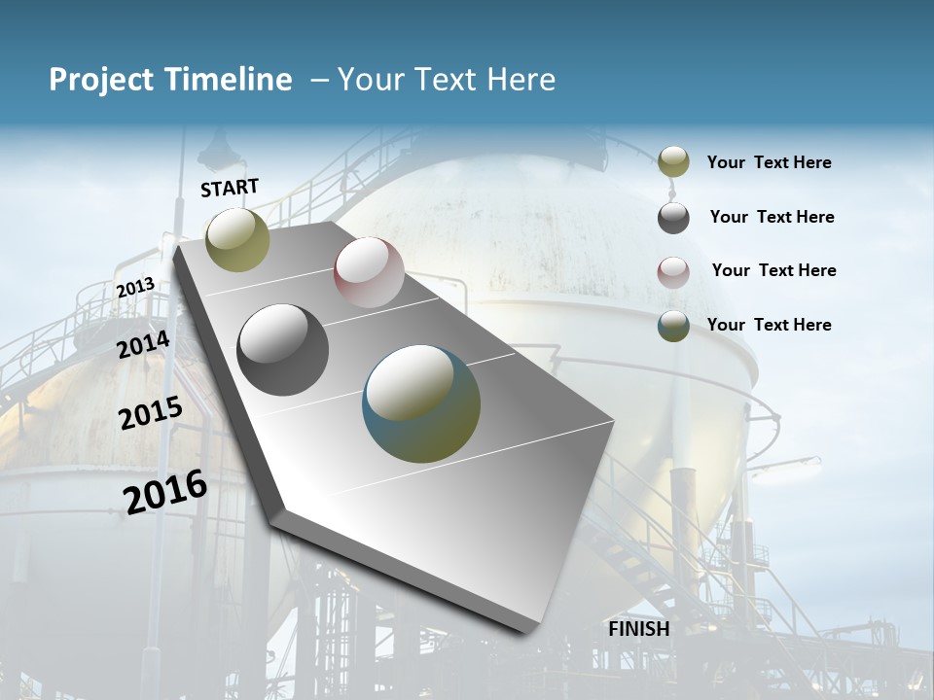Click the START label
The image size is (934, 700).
point(230,188)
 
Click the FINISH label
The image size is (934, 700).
point(638,629)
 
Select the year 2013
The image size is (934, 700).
point(135,288)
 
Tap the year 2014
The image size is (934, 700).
point(144,344)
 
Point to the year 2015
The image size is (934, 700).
point(151,413)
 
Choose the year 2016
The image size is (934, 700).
point(165,491)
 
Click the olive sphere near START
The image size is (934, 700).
point(237,239)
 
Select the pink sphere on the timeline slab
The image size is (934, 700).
point(369,272)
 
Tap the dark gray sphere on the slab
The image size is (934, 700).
point(283,350)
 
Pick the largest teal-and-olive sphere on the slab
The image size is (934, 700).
point(421,403)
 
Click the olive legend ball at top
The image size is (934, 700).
point(673,162)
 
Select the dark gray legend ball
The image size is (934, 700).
point(673,218)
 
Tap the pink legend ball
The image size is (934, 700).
point(673,271)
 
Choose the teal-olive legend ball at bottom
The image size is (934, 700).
point(673,326)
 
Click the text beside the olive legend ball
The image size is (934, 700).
point(769,162)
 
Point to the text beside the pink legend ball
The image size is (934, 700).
point(773,270)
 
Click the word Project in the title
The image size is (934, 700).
point(100,80)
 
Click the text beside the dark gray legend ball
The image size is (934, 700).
point(772,217)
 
